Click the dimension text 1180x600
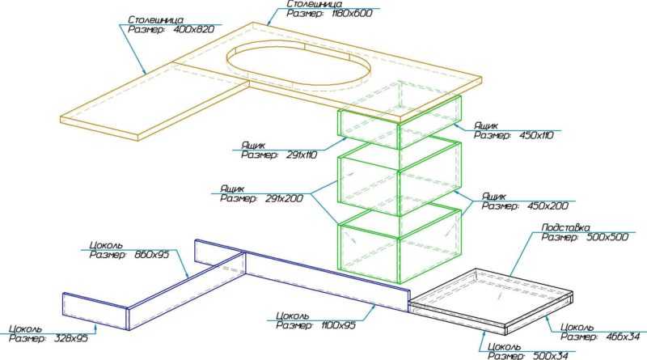coord(352,13)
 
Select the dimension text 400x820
coord(194,29)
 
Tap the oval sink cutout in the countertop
coord(298,63)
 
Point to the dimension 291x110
coord(301,155)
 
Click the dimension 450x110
coord(537,135)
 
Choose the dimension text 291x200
coord(285,198)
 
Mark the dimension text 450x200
coord(548,206)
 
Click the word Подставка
coord(565,227)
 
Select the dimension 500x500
coord(607,237)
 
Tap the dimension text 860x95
coord(152,255)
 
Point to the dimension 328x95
coord(71,338)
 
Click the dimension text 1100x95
coord(338,325)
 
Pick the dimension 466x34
coord(623,337)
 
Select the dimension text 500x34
coord(551,356)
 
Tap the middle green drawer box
coord(400,178)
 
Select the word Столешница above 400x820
coord(155,19)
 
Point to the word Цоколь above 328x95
coord(26,329)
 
